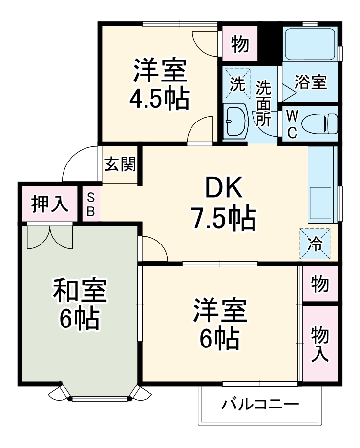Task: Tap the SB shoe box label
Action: coord(91,204)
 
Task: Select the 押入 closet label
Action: coord(49,204)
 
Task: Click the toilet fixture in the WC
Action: coord(320,124)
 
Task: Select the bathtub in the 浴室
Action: coord(310,45)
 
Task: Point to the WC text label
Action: coord(292,124)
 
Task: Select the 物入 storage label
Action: coord(320,344)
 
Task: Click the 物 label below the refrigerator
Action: coord(320,283)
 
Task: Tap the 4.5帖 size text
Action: coord(159,99)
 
